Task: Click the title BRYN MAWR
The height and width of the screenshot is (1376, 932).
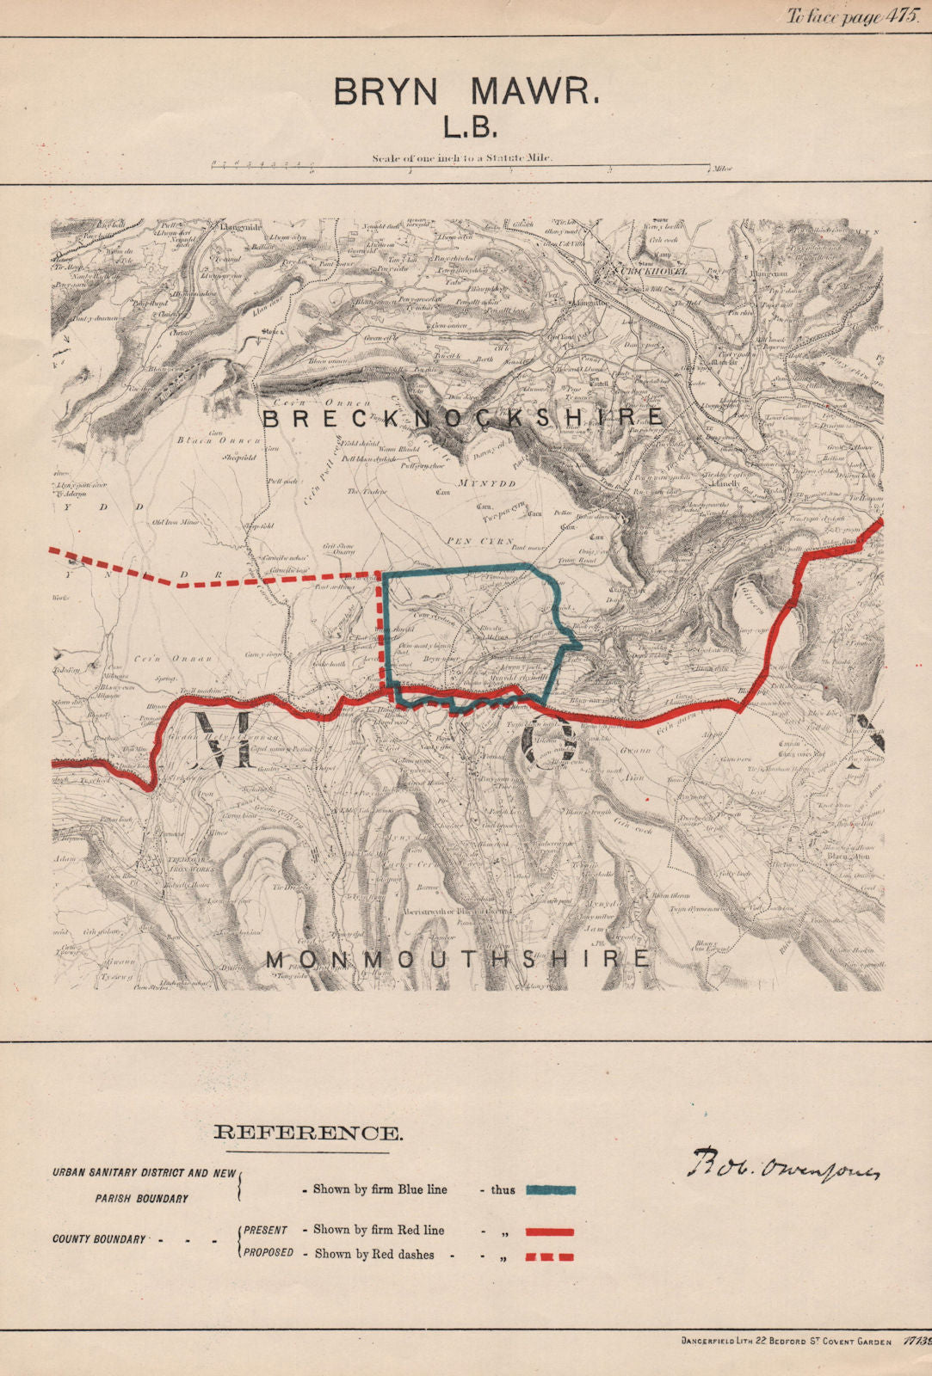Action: pos(466,92)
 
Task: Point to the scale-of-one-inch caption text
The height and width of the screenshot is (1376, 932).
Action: pos(463,157)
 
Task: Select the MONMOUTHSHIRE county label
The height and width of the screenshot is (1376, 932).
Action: pos(457,959)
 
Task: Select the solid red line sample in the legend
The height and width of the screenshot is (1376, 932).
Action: pos(548,1232)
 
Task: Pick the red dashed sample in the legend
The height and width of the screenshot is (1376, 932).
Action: pos(548,1256)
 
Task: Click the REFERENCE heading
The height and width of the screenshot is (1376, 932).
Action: pos(306,1133)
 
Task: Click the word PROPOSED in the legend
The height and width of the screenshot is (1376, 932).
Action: pos(268,1253)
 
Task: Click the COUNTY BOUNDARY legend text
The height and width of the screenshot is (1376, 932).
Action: pos(99,1239)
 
